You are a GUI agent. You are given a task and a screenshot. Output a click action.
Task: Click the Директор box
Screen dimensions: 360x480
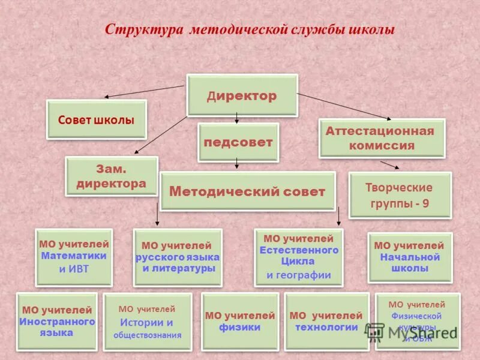(242, 95)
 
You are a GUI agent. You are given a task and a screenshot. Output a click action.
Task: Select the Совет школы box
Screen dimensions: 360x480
(97, 120)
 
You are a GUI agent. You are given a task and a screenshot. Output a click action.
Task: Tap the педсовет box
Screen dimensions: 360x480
(238, 143)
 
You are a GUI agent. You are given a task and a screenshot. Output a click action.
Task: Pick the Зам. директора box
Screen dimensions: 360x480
(112, 176)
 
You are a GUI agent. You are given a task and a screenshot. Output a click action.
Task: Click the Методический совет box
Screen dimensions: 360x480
(247, 191)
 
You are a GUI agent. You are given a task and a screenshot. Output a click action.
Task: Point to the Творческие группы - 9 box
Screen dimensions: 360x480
(400, 195)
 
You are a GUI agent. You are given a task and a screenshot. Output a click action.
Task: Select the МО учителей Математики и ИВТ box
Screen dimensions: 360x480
(74, 257)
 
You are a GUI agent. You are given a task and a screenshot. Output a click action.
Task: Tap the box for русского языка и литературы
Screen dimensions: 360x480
(177, 257)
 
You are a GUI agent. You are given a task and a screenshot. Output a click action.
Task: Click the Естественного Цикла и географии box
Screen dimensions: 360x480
(299, 257)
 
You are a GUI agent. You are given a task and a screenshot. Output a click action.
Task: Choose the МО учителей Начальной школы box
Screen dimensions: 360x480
(410, 257)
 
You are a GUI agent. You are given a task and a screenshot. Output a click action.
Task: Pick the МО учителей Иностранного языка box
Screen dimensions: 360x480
(56, 321)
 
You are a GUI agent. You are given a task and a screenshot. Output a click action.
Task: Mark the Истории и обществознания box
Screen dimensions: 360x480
(148, 322)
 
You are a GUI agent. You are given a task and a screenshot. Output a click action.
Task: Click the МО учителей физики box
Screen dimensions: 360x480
(240, 322)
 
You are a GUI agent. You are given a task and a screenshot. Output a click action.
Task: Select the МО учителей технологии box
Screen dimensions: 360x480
(326, 322)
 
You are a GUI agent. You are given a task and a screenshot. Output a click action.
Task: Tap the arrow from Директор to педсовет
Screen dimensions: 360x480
(237, 119)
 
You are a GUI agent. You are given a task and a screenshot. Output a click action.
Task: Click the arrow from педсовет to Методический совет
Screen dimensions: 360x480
(238, 163)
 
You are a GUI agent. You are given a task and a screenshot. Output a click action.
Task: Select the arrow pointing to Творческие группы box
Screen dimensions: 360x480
(389, 165)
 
